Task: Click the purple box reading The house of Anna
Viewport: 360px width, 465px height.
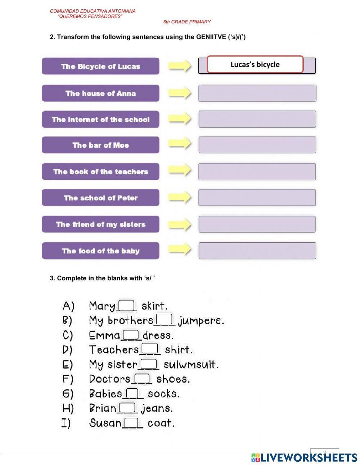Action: click(100, 93)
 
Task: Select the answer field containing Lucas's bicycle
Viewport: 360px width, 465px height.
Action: click(255, 64)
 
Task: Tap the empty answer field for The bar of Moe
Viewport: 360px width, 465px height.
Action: click(257, 145)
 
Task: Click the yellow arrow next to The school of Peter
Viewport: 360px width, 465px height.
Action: click(180, 197)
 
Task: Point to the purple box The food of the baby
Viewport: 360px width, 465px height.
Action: click(100, 251)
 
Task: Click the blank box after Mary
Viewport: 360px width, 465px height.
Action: click(127, 305)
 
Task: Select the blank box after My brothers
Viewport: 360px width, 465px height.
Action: click(165, 319)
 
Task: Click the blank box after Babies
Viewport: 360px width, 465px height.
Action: click(132, 393)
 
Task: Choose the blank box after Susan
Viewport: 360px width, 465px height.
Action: click(132, 422)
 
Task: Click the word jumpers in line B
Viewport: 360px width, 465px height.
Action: click(201, 321)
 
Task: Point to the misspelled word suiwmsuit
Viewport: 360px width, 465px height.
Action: click(191, 365)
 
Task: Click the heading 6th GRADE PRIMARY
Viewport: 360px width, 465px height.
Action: click(187, 22)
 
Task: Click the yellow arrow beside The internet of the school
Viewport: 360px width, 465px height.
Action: click(180, 118)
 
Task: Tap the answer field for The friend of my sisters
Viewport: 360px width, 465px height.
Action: click(257, 224)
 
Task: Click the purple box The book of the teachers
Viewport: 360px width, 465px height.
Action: click(100, 171)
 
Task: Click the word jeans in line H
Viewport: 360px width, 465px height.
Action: click(157, 408)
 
